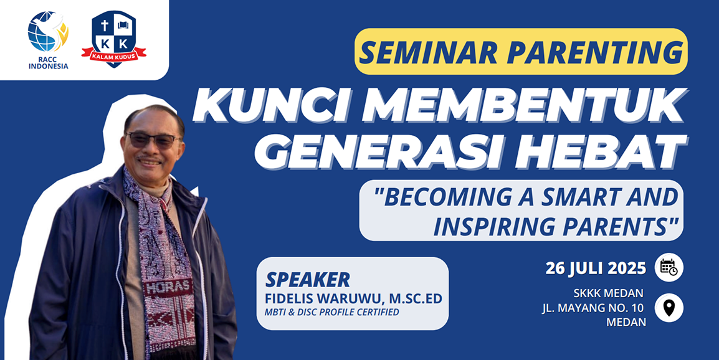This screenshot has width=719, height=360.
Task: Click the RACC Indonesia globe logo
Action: (x=48, y=32)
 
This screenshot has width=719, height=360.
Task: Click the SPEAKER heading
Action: (x=307, y=280)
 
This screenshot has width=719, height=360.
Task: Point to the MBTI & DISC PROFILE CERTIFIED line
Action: (x=332, y=312)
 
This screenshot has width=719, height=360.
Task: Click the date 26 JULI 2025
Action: (x=596, y=268)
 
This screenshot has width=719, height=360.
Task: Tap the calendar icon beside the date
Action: (x=669, y=267)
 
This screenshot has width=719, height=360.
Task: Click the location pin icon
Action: (x=669, y=308)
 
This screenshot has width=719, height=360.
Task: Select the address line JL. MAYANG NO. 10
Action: (x=593, y=308)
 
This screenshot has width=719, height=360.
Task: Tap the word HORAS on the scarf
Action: (x=168, y=288)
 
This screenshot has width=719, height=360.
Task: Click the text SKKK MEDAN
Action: (x=608, y=293)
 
